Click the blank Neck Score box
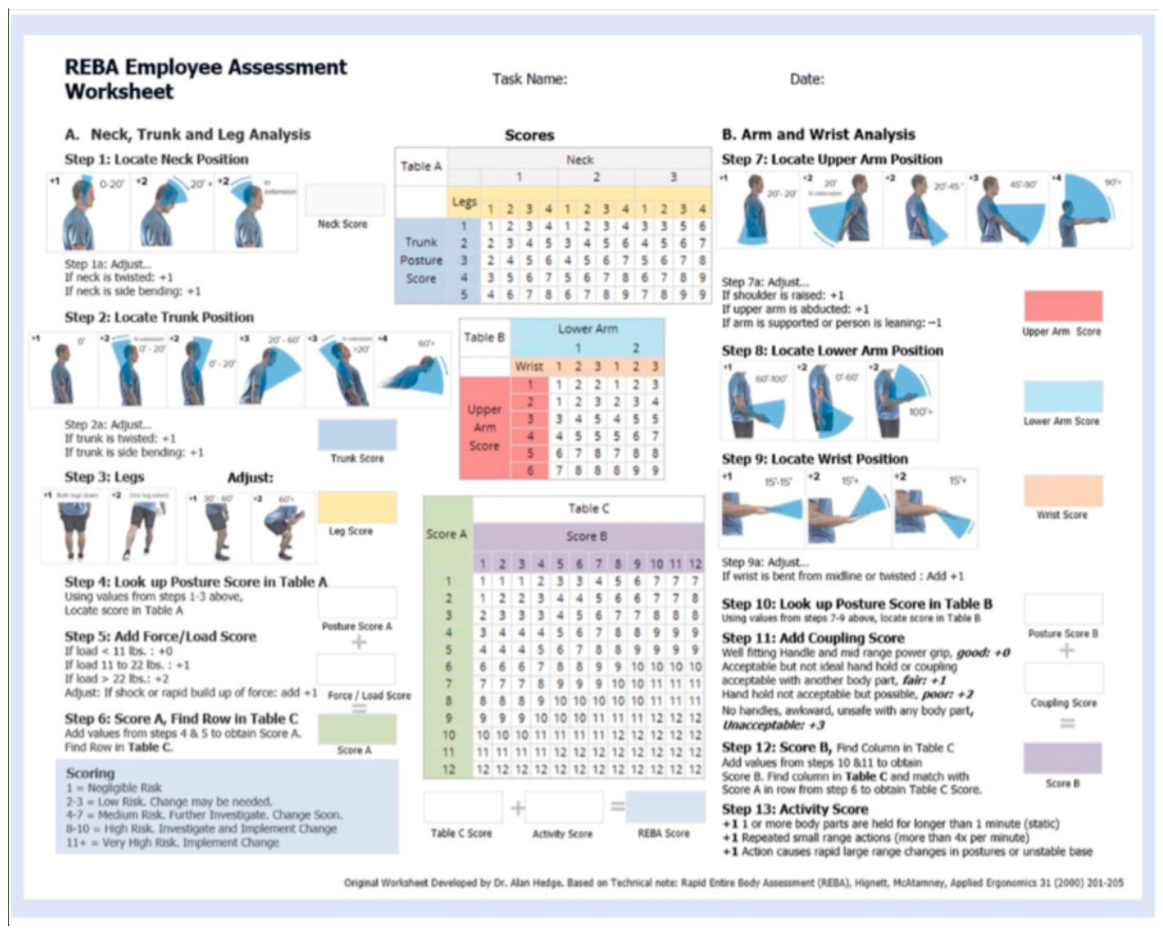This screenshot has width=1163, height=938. point(345,199)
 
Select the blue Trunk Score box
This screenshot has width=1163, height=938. point(357,434)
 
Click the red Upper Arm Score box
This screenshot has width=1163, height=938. point(1063,306)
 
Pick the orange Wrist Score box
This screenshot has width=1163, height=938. point(1063,491)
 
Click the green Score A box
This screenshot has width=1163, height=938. point(357,728)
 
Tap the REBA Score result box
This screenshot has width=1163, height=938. point(665,807)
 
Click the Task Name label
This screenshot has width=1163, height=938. point(529,79)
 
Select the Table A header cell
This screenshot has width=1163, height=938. point(421,167)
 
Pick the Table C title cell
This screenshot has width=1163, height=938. point(588,508)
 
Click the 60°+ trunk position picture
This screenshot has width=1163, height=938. point(413,370)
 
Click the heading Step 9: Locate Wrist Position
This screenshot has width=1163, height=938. point(814,459)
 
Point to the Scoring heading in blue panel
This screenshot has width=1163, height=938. point(90,773)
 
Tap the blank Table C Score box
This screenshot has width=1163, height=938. point(463,807)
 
